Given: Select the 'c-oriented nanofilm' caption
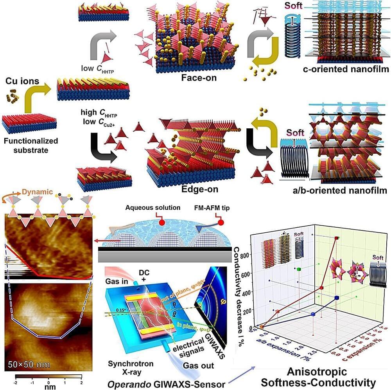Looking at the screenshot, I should click(x=345, y=70).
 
